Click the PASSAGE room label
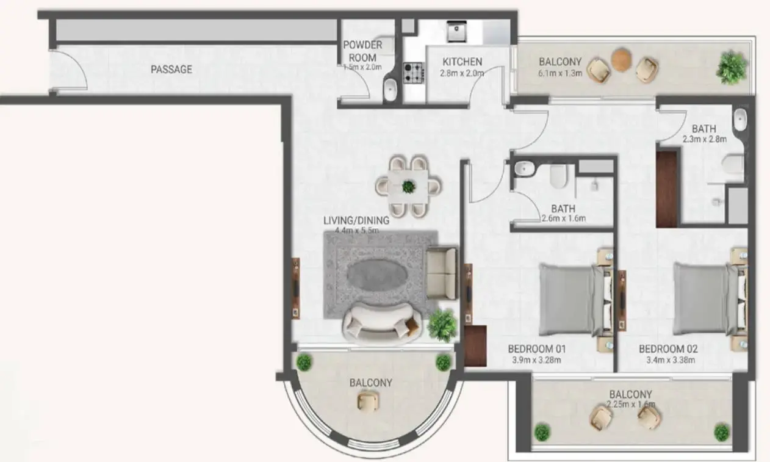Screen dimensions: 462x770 click(171, 70)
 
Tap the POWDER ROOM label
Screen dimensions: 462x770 click(362, 51)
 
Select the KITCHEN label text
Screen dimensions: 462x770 click(462, 62)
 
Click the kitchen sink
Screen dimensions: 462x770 click(456, 31)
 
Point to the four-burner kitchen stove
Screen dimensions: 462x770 click(414, 73)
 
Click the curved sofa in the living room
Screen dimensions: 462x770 click(381, 322)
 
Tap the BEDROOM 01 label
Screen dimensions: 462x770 click(537, 350)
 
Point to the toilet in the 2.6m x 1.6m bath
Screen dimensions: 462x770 click(558, 176)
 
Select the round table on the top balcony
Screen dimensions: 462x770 click(621, 60)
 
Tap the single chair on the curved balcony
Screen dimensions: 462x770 click(369, 401)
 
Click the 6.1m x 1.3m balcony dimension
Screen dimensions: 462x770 click(560, 73)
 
